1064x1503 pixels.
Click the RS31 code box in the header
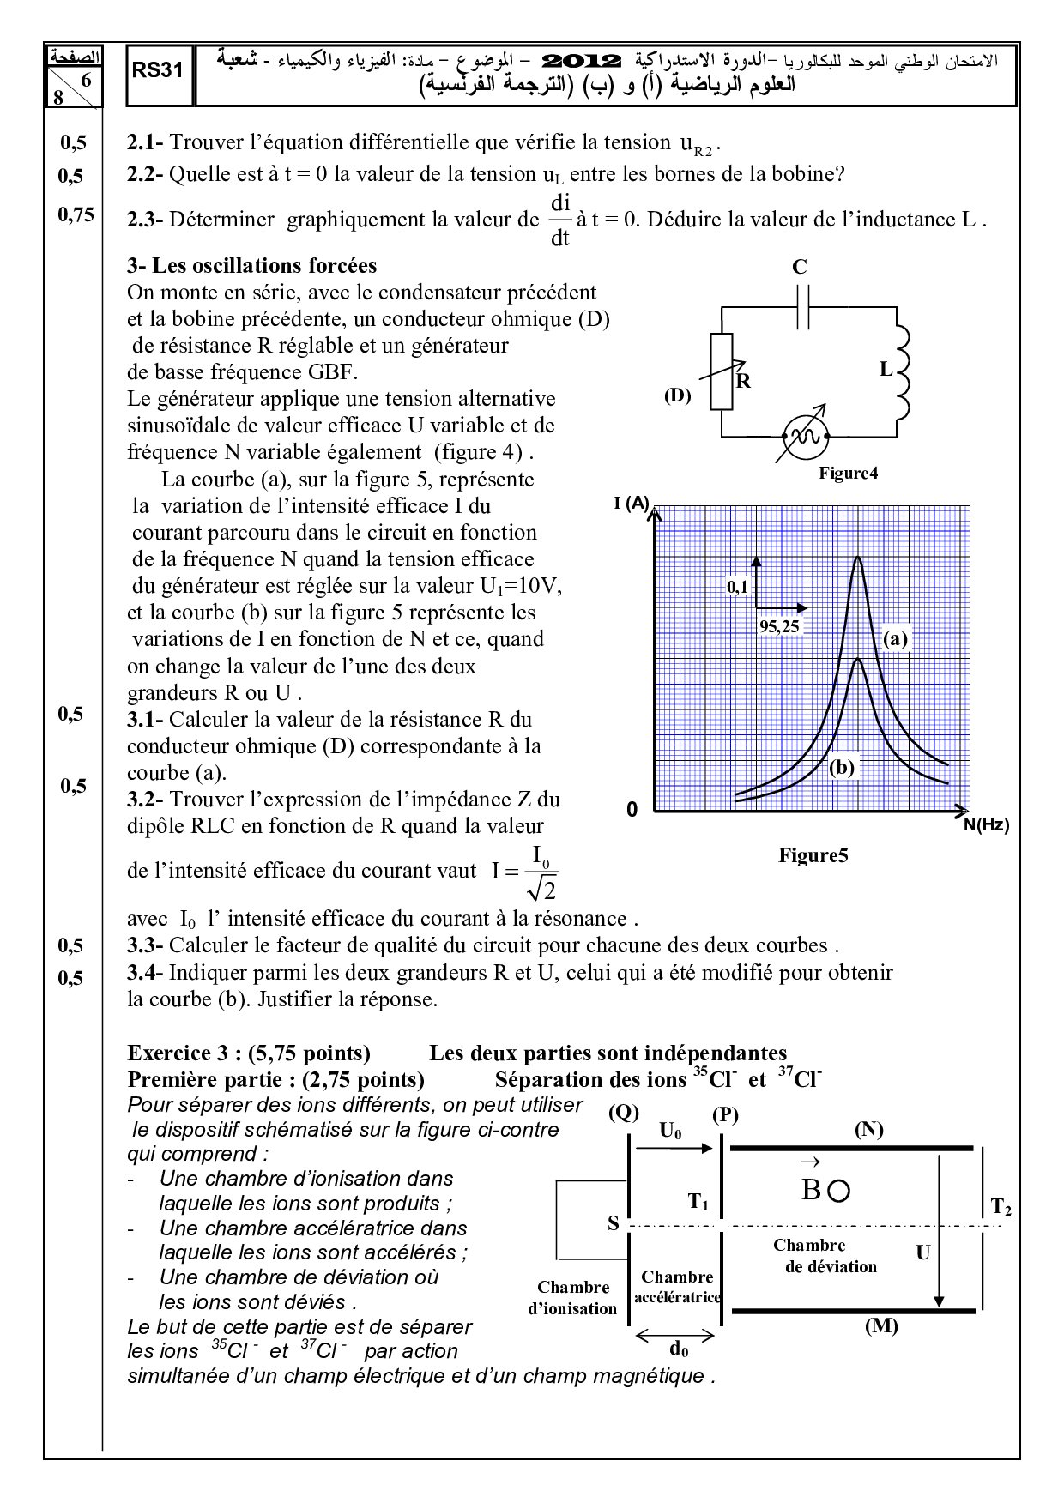[x=158, y=71]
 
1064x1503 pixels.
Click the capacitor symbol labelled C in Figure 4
[x=803, y=305]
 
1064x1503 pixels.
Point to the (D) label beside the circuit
[x=677, y=396]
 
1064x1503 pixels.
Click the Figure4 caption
[x=848, y=473]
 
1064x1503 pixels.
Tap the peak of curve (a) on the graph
[x=858, y=558]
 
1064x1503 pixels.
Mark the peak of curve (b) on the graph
[x=858, y=659]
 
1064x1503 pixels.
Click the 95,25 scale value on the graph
[x=779, y=626]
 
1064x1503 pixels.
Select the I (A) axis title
[x=632, y=504]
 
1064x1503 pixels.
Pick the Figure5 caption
[x=813, y=855]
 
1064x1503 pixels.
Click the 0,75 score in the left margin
[x=76, y=215]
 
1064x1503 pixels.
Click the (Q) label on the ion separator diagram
[x=624, y=1113]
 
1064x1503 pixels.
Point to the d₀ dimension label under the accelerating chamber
[x=678, y=1349]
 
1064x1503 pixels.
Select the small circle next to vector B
[x=839, y=1191]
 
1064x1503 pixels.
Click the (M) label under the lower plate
[x=881, y=1325]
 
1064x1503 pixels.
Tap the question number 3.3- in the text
[x=145, y=946]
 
